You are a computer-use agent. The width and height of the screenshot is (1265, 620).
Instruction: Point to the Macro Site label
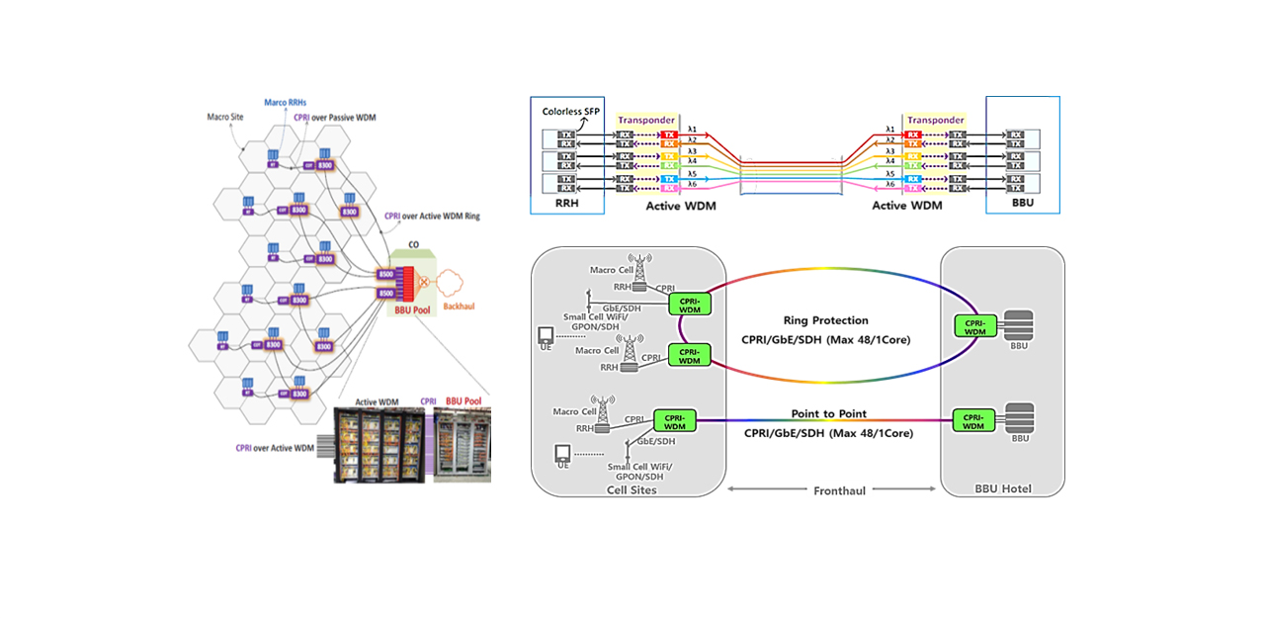pyautogui.click(x=226, y=117)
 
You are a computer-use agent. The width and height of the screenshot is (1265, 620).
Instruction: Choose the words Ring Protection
pyautogui.click(x=825, y=320)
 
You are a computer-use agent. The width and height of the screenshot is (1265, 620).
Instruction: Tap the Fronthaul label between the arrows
pyautogui.click(x=840, y=489)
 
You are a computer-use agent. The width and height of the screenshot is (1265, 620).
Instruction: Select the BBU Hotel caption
pyautogui.click(x=1003, y=489)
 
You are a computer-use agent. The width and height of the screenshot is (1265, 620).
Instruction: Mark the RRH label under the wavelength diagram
pyautogui.click(x=565, y=206)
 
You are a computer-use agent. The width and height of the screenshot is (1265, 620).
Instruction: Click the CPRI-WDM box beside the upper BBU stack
pyautogui.click(x=973, y=326)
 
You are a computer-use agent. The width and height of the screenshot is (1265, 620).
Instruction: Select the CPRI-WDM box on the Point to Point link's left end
pyautogui.click(x=675, y=422)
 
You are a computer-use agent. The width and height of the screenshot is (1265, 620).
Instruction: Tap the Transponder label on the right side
pyautogui.click(x=935, y=121)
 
